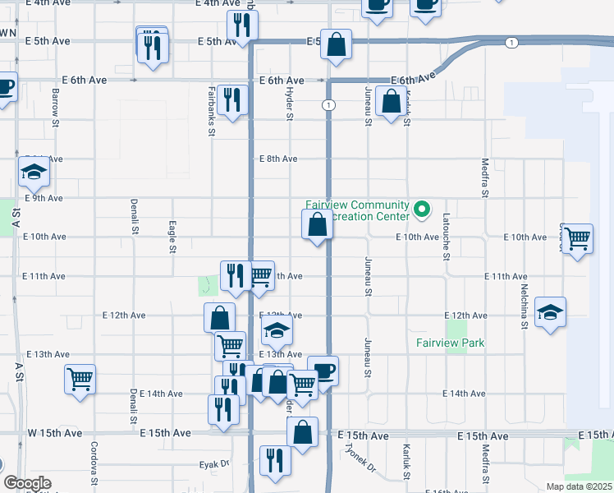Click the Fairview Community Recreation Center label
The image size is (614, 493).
pos(357,210)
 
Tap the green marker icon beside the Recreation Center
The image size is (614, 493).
pos(423,210)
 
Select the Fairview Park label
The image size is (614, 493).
pos(450,343)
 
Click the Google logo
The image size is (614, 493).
pos(27,483)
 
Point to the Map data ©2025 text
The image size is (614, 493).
pos(579,486)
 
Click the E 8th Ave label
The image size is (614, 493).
pos(278,159)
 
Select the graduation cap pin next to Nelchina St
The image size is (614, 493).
pos(550,313)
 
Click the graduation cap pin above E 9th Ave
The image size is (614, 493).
pos(34,173)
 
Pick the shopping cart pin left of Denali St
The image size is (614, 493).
pos(80,380)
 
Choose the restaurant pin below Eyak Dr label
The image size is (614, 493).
pos(275,459)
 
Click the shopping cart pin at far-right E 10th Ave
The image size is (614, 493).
pos(578,239)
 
